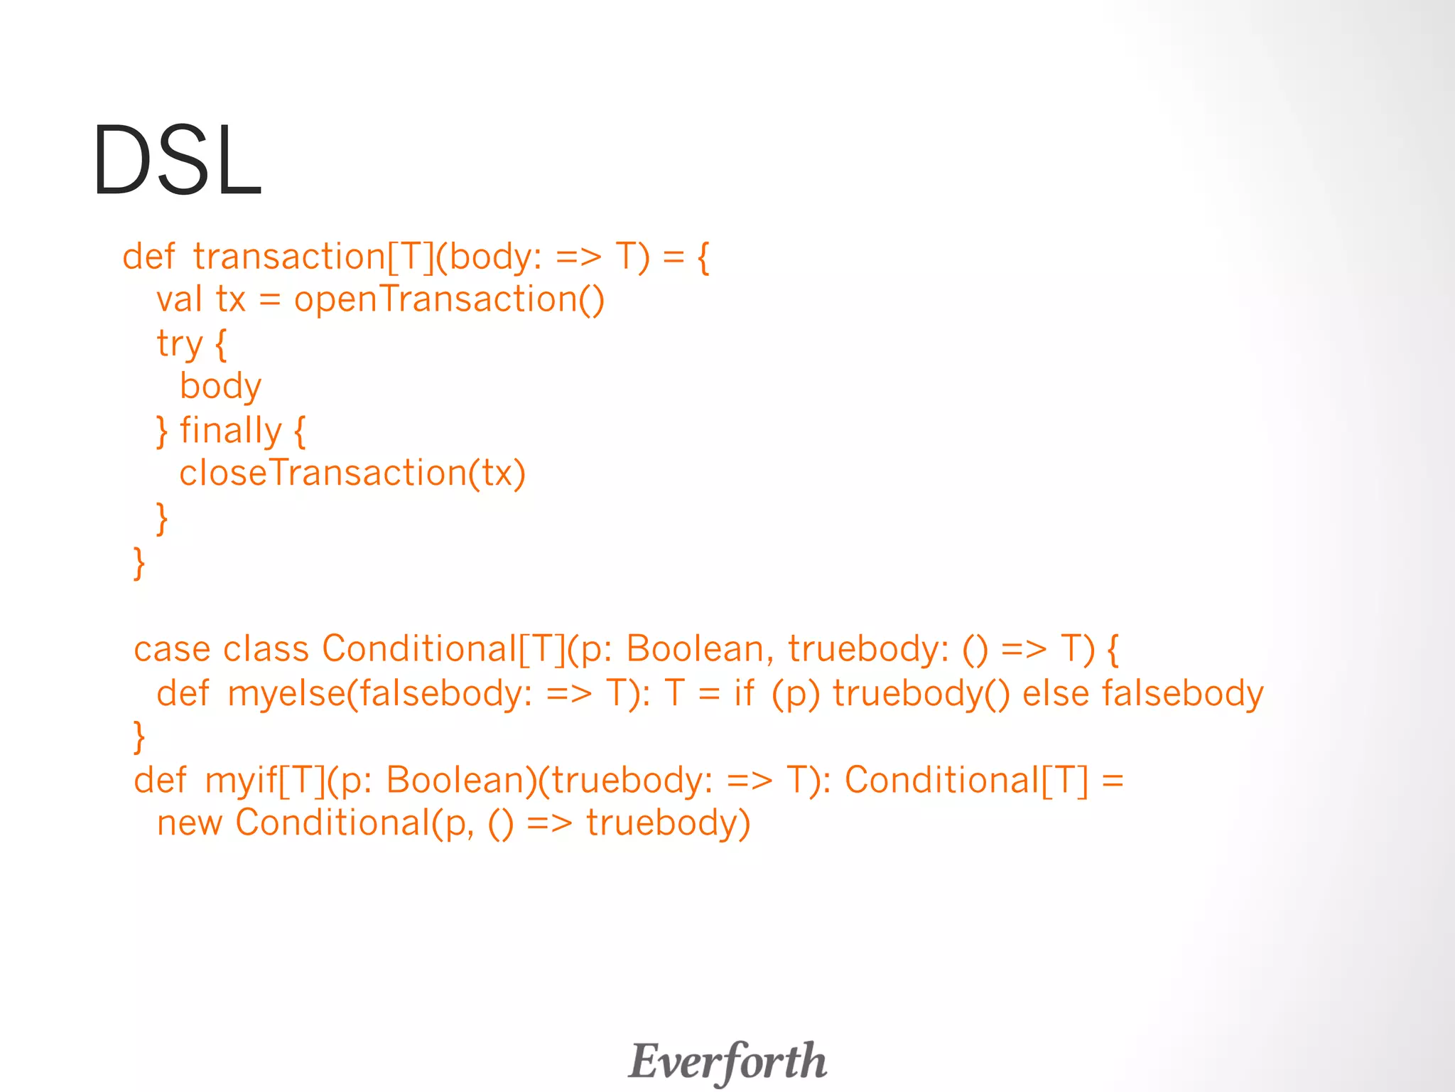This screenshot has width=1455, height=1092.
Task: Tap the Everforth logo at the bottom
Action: pyautogui.click(x=727, y=1061)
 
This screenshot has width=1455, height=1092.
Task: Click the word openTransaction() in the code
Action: pyautogui.click(x=449, y=299)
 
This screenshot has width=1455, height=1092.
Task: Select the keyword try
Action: pyautogui.click(x=180, y=344)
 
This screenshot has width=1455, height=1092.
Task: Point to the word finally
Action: pyautogui.click(x=231, y=431)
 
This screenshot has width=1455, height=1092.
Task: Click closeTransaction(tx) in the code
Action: pyautogui.click(x=352, y=473)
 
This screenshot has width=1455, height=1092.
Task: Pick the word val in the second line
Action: pyautogui.click(x=179, y=299)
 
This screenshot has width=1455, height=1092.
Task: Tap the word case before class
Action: pyautogui.click(x=172, y=649)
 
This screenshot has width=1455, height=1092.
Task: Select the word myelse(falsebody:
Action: pyautogui.click(x=379, y=693)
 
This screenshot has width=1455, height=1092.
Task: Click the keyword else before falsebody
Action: pyautogui.click(x=1055, y=693)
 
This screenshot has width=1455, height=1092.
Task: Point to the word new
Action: pyautogui.click(x=189, y=823)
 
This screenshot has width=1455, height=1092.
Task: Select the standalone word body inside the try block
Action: pyautogui.click(x=220, y=387)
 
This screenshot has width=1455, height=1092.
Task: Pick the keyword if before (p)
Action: pyautogui.click(x=744, y=693)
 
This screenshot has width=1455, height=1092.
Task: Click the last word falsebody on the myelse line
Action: pyautogui.click(x=1182, y=693)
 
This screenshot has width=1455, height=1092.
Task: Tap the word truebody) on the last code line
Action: pyautogui.click(x=668, y=823)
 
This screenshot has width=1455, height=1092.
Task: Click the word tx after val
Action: pyautogui.click(x=231, y=299)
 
